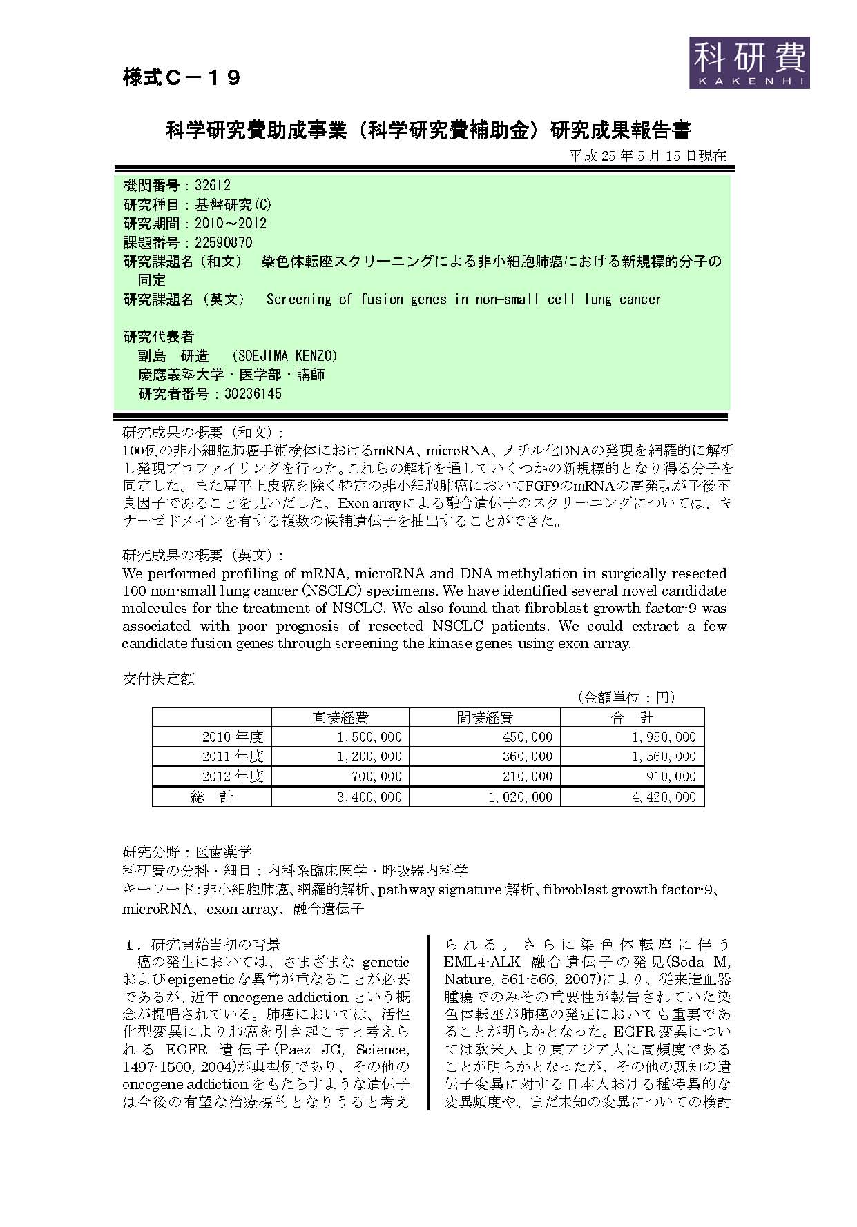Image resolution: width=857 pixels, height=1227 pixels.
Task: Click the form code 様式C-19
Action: pyautogui.click(x=182, y=78)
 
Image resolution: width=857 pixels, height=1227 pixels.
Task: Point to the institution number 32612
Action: pyautogui.click(x=213, y=186)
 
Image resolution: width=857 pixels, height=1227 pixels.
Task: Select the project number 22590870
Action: pyautogui.click(x=224, y=242)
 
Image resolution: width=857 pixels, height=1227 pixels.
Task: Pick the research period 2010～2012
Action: pyautogui.click(x=231, y=224)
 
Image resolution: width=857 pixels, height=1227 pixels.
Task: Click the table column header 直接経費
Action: pyautogui.click(x=340, y=718)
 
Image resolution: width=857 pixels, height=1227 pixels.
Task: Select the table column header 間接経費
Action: pyautogui.click(x=485, y=718)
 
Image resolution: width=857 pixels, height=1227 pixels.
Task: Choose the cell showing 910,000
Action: pyautogui.click(x=672, y=777)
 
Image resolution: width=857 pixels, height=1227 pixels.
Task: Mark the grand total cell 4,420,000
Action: pyautogui.click(x=664, y=797)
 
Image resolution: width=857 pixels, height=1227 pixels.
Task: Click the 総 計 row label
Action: pyautogui.click(x=212, y=797)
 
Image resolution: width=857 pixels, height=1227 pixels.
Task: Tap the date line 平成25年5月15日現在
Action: pyautogui.click(x=647, y=156)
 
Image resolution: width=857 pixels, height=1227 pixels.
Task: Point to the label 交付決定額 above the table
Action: pyautogui.click(x=159, y=678)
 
